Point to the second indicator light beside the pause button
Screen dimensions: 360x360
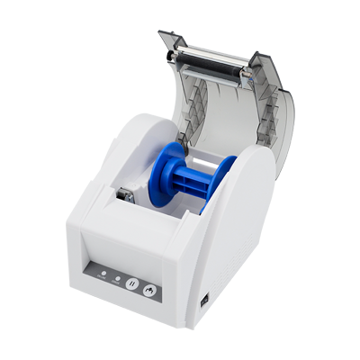[118, 277]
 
